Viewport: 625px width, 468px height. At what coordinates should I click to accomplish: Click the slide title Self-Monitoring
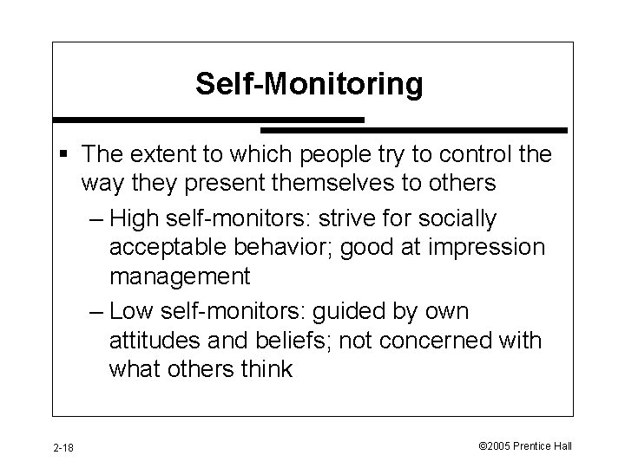click(309, 84)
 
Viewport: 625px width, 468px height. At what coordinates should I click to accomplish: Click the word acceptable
click(169, 247)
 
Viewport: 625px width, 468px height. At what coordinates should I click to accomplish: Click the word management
click(180, 277)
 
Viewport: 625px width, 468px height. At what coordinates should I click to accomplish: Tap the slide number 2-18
click(62, 447)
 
